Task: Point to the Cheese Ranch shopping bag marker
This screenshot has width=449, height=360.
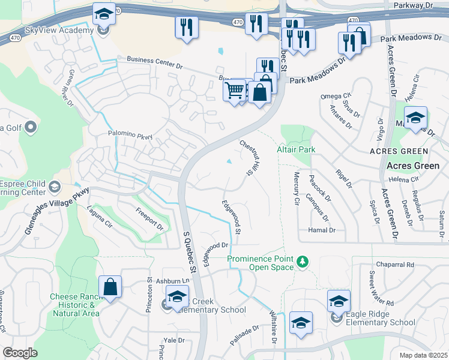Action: pyautogui.click(x=110, y=287)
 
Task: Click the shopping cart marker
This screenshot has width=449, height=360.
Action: pyautogui.click(x=234, y=91)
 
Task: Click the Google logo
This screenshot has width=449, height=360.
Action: pyautogui.click(x=20, y=353)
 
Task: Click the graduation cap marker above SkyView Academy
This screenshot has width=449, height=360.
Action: pyautogui.click(x=104, y=13)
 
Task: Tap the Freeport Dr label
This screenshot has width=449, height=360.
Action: pyautogui.click(x=149, y=219)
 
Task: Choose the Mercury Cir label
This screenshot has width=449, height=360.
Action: pyautogui.click(x=296, y=188)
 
